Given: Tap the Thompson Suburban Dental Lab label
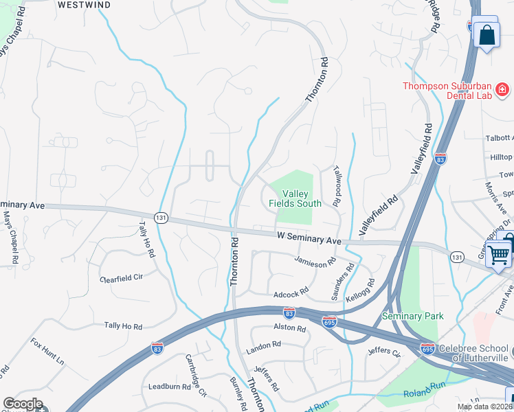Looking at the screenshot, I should [447, 91].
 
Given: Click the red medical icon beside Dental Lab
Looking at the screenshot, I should [502, 89].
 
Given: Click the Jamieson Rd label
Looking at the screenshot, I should [314, 262].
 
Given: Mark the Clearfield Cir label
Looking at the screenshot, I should [121, 278].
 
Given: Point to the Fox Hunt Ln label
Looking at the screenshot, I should [47, 351].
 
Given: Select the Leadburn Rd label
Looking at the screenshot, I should [169, 387].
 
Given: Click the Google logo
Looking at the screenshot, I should [23, 404].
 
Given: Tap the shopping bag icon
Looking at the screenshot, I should [486, 34].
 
